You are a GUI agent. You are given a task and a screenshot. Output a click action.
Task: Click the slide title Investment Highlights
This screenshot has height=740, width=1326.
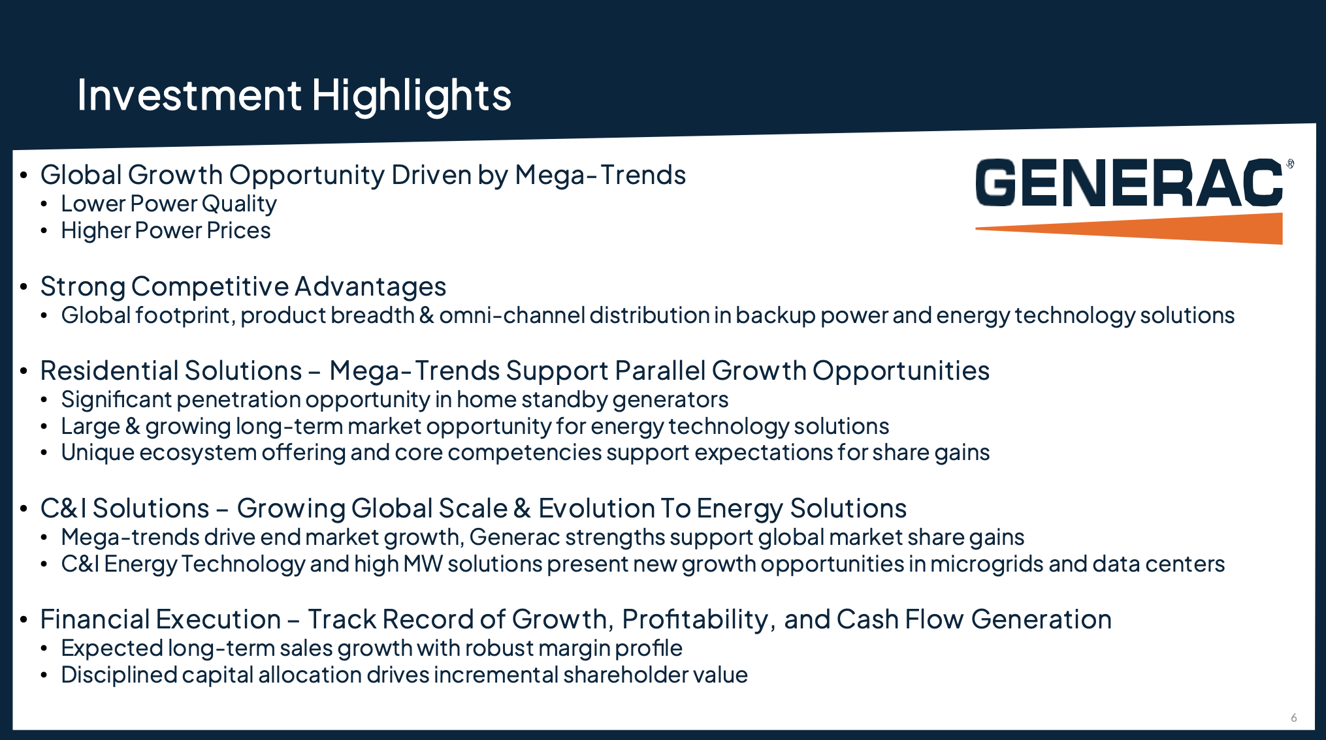(294, 96)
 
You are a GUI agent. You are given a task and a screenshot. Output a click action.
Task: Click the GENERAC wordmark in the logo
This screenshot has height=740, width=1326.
(1129, 183)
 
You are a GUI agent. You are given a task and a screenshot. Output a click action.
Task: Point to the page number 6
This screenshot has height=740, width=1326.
(1293, 718)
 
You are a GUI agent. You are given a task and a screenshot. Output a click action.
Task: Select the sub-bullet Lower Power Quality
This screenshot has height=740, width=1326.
(169, 204)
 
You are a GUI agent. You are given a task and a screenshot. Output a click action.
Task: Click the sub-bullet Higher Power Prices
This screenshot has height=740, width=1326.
(165, 230)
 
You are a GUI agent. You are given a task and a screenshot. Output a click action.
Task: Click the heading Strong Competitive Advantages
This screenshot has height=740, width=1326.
(243, 287)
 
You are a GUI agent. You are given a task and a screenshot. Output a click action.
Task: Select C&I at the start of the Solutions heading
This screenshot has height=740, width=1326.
(63, 508)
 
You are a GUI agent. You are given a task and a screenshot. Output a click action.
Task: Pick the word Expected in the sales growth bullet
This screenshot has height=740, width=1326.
(112, 649)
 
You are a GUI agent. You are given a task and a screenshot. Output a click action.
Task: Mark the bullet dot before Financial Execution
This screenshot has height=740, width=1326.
(24, 619)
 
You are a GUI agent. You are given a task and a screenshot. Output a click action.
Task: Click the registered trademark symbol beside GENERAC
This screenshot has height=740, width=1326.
(1290, 164)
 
